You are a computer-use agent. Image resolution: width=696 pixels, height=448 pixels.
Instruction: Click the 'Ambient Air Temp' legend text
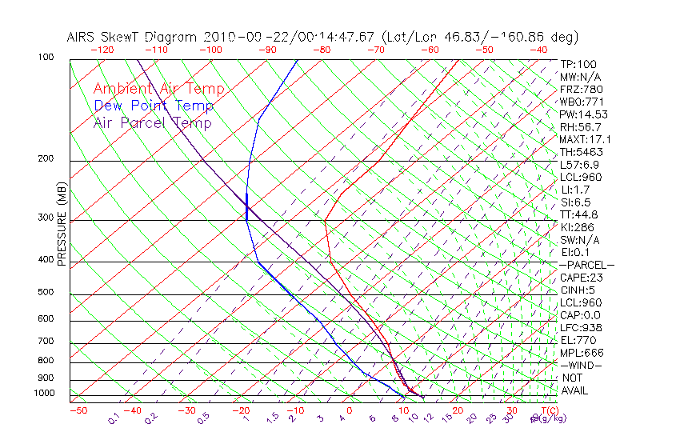tap(158, 89)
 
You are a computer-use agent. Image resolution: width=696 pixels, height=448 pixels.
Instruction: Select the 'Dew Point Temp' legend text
tap(154, 106)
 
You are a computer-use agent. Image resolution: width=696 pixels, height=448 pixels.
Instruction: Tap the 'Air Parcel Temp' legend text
tap(152, 122)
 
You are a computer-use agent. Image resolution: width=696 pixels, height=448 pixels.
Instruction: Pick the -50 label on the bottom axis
tap(78, 410)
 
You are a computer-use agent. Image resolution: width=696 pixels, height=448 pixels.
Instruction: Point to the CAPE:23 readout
tap(581, 278)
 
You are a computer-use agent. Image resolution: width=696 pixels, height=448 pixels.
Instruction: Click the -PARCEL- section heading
tap(587, 265)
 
